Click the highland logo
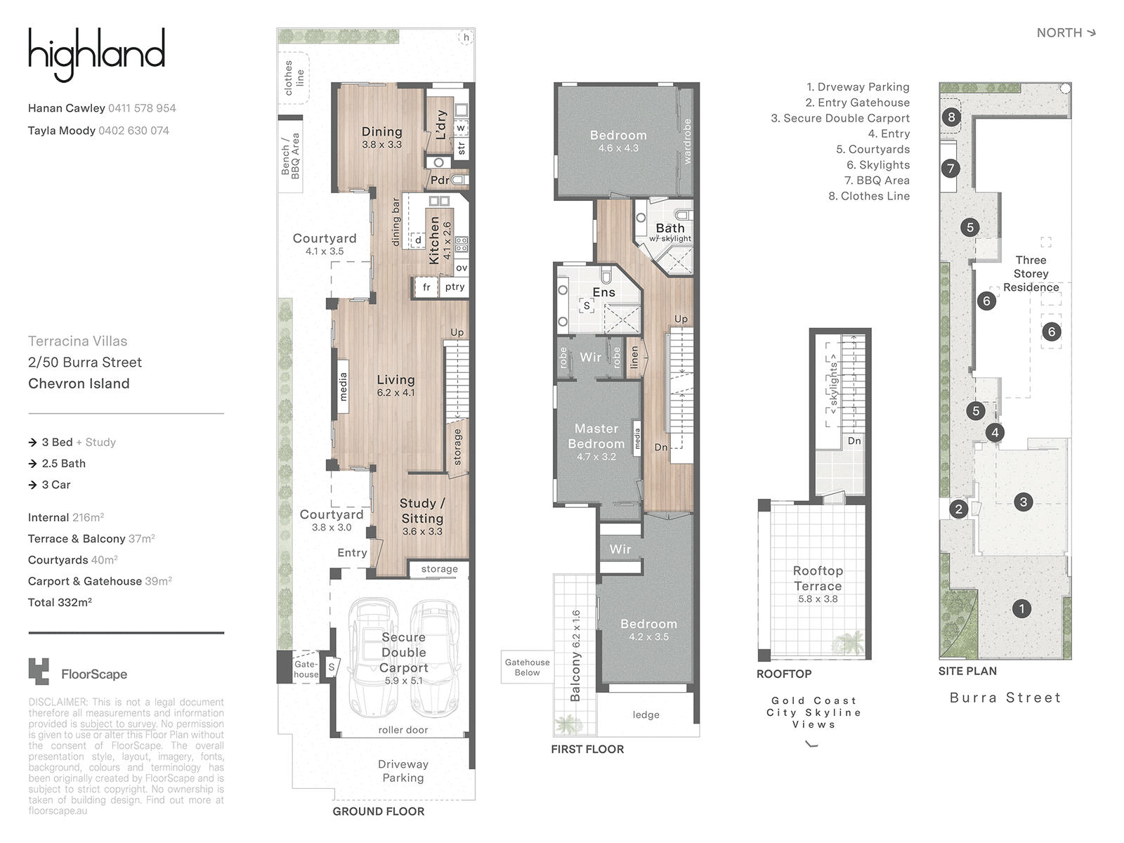96,55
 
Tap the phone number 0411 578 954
142,108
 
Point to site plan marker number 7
950,168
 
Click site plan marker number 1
1021,608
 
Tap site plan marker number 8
951,117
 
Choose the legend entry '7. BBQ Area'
877,180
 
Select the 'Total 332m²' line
60,603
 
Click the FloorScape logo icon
39,671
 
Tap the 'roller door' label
403,730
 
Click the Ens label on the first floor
603,292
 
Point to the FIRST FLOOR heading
587,750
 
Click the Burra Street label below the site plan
1005,698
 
